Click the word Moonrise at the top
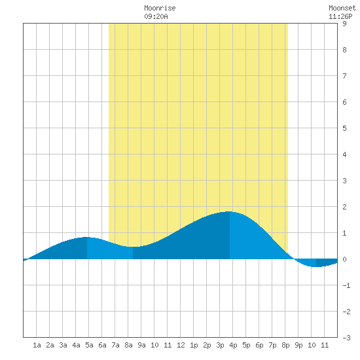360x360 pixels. pos(160,8)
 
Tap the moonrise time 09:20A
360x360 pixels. pos(156,16)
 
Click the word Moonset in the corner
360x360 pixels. pos(342,8)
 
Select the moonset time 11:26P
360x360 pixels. pos(340,16)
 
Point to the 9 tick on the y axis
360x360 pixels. pos(344,24)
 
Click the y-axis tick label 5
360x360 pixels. pos(344,128)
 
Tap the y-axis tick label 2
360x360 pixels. pos(344,207)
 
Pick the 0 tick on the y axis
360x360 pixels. pos(344,259)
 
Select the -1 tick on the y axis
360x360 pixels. pos(346,285)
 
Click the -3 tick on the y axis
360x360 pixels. pos(346,338)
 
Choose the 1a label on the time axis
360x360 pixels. pos(37,345)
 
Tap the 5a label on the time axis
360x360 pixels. pos(89,345)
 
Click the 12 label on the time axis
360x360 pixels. pos(181,345)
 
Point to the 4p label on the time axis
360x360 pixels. pos(233,345)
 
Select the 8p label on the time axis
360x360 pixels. pos(285,345)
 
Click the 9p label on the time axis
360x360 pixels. pos(298,345)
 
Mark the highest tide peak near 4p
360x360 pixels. pos(230,211)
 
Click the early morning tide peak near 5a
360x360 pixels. pos(87,237)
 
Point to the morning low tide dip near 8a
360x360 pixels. pos(133,247)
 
